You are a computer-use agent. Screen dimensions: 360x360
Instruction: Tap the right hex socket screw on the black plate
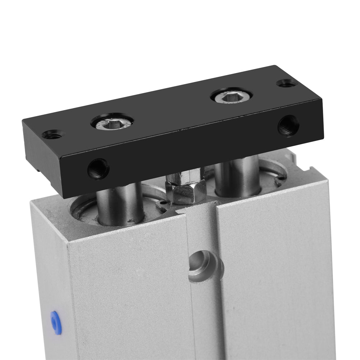pos(231,95)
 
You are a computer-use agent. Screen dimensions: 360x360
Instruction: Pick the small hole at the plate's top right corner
pos(287,83)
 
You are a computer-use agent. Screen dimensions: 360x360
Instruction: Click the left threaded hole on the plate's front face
pos(98,168)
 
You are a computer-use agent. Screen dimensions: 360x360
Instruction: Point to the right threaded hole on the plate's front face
pos(288,125)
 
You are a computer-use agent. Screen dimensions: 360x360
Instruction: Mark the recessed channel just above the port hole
pos(201,230)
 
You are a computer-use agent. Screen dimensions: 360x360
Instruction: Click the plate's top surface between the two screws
pos(173,108)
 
